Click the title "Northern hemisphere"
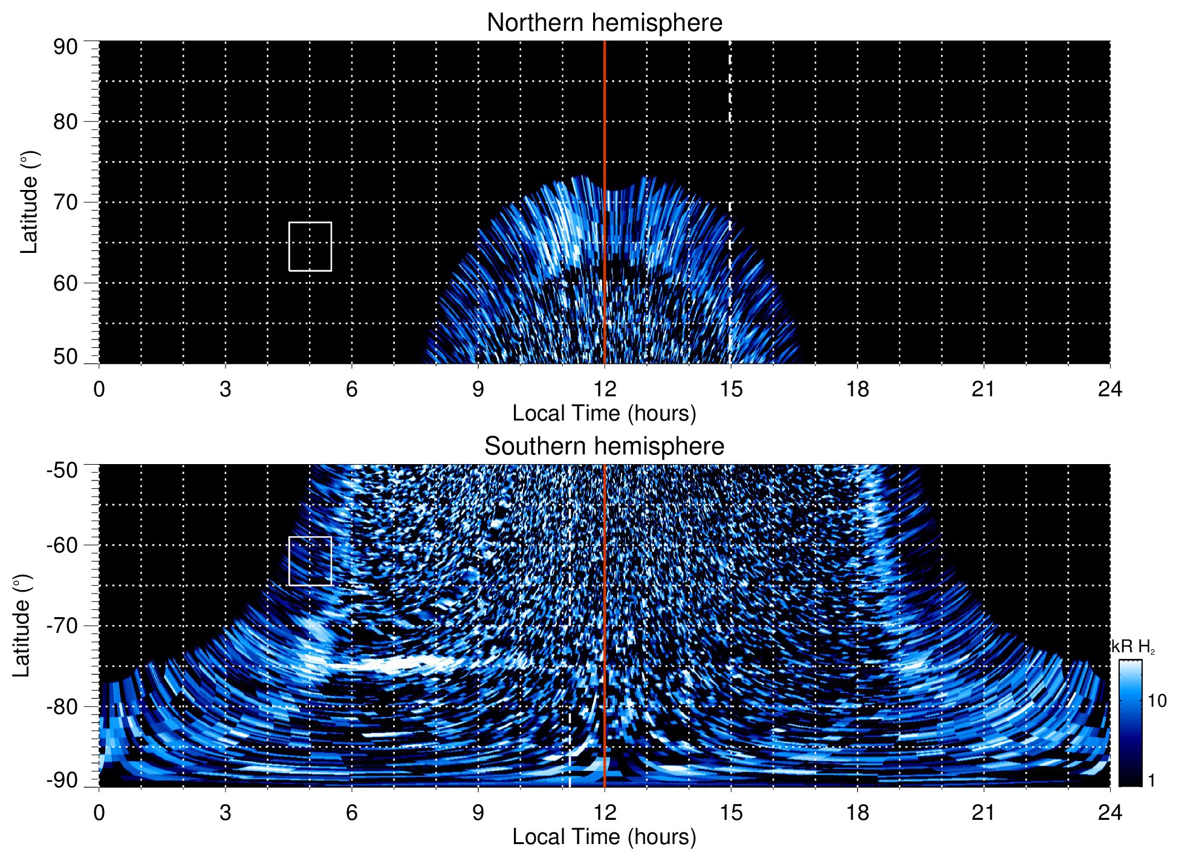[604, 23]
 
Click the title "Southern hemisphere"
[604, 447]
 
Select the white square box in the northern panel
[310, 246]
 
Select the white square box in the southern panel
[310, 561]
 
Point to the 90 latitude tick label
[65, 47]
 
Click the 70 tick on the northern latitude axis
[65, 202]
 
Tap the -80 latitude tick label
[62, 706]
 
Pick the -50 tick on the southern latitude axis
[62, 470]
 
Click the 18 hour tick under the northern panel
[857, 389]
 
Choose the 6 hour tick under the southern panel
[352, 813]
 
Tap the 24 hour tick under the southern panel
[1109, 813]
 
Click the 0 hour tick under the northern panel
[99, 389]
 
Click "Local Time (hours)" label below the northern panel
[604, 413]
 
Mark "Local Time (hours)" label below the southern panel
[604, 837]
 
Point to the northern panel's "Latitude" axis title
[29, 202]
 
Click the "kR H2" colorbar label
[1133, 647]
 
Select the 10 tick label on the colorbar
[1157, 701]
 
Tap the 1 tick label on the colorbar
[1151, 781]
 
